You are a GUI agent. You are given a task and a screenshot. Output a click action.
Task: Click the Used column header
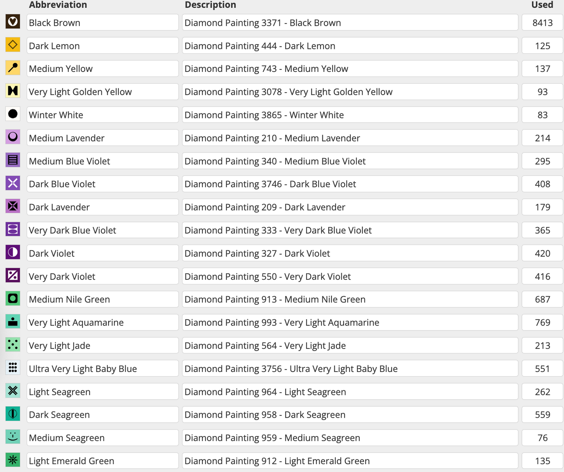[x=542, y=5]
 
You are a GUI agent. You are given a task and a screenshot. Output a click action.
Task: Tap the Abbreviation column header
[x=58, y=5]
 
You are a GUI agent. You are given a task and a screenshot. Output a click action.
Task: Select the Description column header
[x=210, y=5]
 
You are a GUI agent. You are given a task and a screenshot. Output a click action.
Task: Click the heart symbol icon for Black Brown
[x=13, y=21]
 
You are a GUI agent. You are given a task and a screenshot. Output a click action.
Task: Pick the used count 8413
[x=542, y=23]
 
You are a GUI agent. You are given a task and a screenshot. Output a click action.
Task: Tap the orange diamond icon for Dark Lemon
[x=13, y=45]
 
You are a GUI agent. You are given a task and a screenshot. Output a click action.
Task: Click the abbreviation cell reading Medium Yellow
[x=102, y=69]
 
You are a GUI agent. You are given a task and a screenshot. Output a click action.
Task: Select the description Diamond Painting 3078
[x=350, y=92]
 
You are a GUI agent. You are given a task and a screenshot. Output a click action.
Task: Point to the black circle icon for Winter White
[x=13, y=114]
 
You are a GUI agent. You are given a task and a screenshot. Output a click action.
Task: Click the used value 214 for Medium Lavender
[x=542, y=138]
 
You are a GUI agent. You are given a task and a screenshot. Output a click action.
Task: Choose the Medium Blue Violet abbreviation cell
[x=102, y=161]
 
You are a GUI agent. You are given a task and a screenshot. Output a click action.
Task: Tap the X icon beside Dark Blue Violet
[x=13, y=183]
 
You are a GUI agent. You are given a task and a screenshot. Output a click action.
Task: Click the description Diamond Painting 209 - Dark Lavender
[x=350, y=207]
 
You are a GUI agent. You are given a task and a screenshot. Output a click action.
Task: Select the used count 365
[x=542, y=230]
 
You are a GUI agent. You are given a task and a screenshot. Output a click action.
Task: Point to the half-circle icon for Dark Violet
[x=13, y=252]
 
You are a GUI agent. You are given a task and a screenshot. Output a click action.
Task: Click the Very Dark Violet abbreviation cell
[x=102, y=276]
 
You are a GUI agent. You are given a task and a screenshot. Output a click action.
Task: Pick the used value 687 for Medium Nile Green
[x=542, y=299]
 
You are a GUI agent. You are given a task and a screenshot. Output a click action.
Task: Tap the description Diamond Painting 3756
[x=350, y=368]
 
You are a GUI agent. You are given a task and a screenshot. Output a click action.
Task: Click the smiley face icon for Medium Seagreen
[x=13, y=436]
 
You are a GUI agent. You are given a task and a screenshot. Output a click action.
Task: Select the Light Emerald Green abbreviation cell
[x=102, y=461]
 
